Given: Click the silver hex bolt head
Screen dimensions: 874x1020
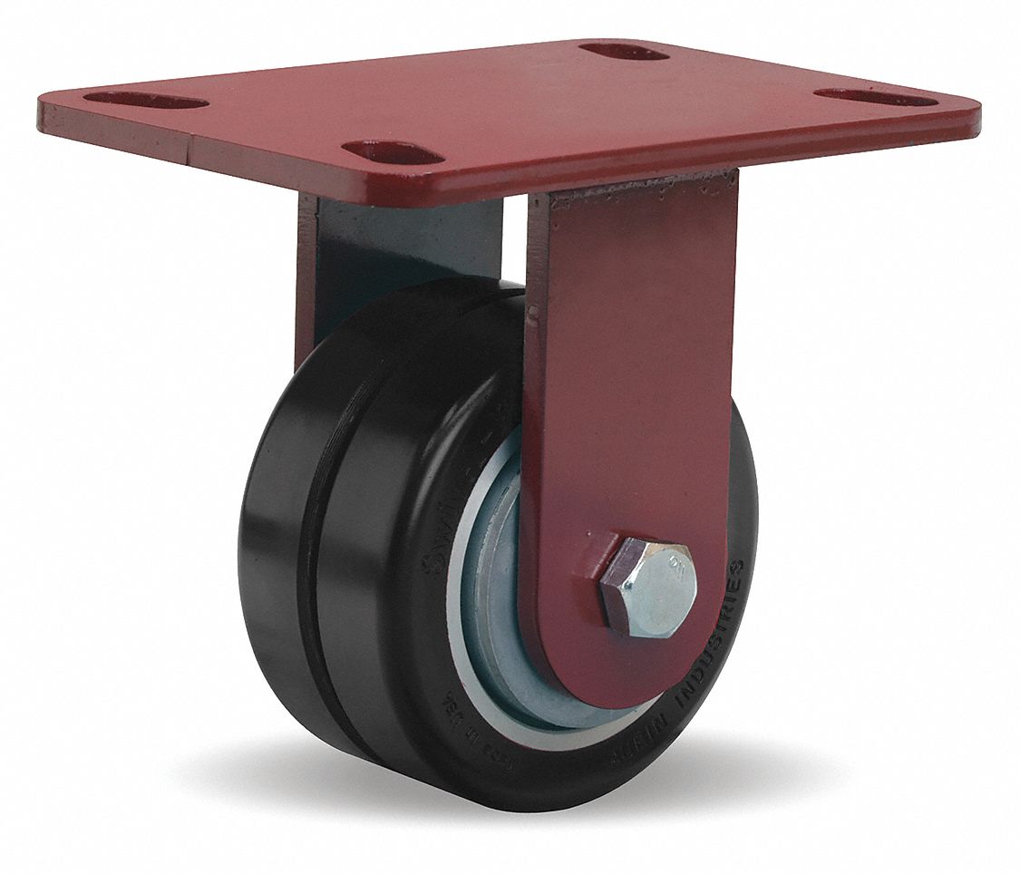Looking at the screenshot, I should pos(650,585).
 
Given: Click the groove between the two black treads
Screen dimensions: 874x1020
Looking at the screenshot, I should pos(317,562).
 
